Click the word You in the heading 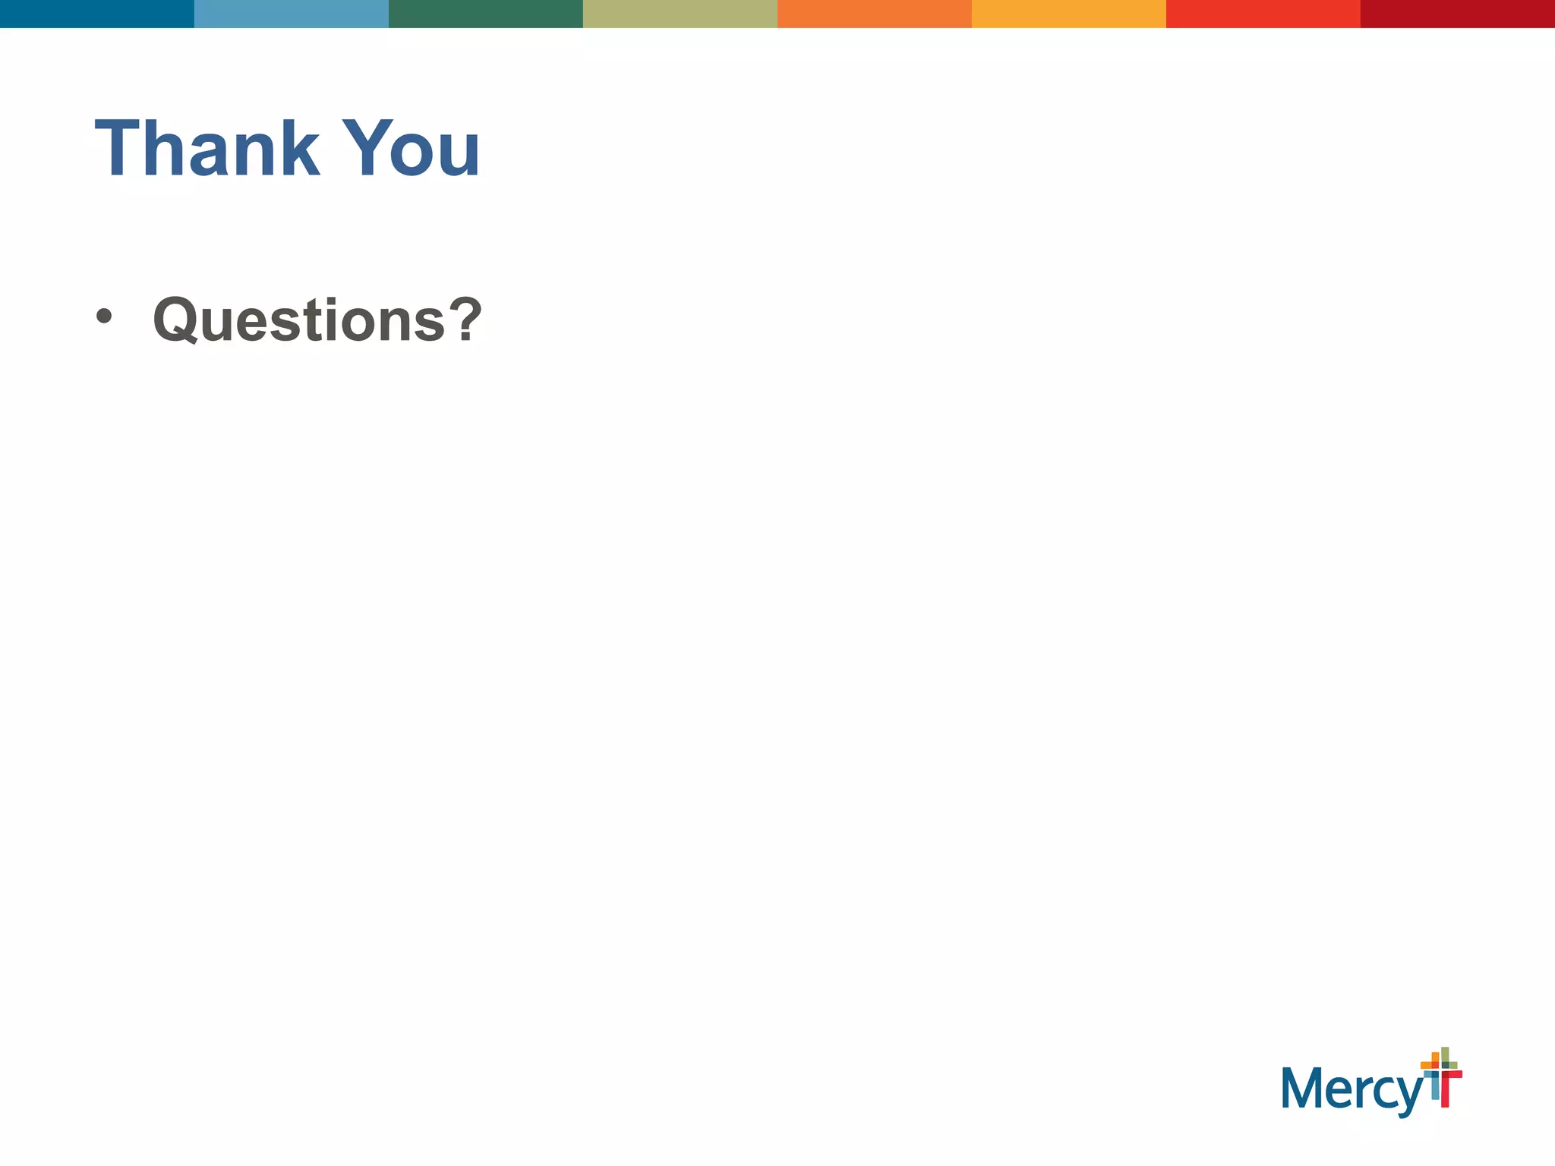[x=411, y=149]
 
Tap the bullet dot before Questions [x=104, y=317]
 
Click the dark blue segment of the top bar [x=97, y=14]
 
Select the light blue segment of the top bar [x=292, y=14]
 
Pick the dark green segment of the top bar [x=486, y=14]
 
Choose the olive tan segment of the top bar [x=680, y=14]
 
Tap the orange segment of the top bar [x=875, y=14]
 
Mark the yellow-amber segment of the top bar [x=1069, y=14]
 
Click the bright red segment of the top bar [x=1263, y=14]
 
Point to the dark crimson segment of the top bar [x=1458, y=14]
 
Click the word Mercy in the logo [x=1352, y=1090]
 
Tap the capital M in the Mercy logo [x=1299, y=1088]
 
